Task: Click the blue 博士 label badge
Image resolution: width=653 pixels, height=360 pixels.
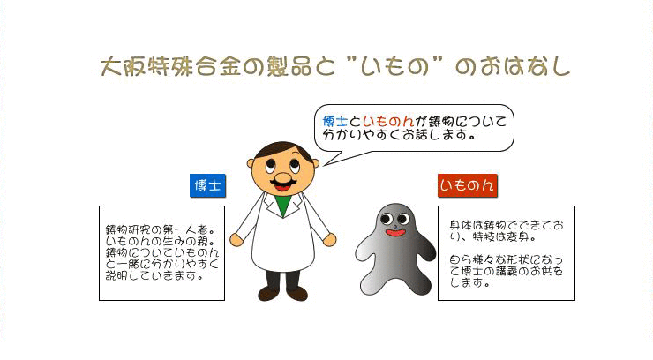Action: click(x=207, y=185)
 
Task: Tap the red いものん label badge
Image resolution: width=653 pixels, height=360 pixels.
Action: click(x=468, y=185)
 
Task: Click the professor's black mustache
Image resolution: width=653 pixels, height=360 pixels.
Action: click(x=283, y=182)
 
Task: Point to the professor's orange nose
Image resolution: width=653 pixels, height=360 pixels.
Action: click(x=283, y=177)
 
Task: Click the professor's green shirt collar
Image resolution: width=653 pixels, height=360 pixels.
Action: click(x=283, y=204)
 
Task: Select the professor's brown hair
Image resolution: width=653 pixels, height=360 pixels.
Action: click(x=283, y=149)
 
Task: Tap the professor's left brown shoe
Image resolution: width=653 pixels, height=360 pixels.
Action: click(x=268, y=294)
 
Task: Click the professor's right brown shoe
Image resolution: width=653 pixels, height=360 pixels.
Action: click(x=296, y=294)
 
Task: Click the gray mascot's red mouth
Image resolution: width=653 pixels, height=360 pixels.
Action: click(x=395, y=232)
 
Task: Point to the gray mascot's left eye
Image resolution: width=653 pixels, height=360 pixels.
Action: click(x=386, y=219)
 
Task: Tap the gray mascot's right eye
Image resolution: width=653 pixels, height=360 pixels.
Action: click(x=402, y=218)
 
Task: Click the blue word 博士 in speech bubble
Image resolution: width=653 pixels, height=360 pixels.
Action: click(x=334, y=122)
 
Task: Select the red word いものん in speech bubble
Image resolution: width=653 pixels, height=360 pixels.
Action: click(x=388, y=122)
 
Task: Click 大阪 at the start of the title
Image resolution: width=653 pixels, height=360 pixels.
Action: click(x=124, y=66)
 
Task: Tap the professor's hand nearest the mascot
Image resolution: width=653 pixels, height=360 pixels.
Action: click(x=329, y=240)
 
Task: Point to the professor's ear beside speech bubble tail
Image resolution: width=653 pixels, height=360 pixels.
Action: click(x=316, y=163)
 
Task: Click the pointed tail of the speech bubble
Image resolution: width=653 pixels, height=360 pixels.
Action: click(x=324, y=165)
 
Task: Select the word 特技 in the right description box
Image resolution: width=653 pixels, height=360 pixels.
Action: click(x=483, y=237)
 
